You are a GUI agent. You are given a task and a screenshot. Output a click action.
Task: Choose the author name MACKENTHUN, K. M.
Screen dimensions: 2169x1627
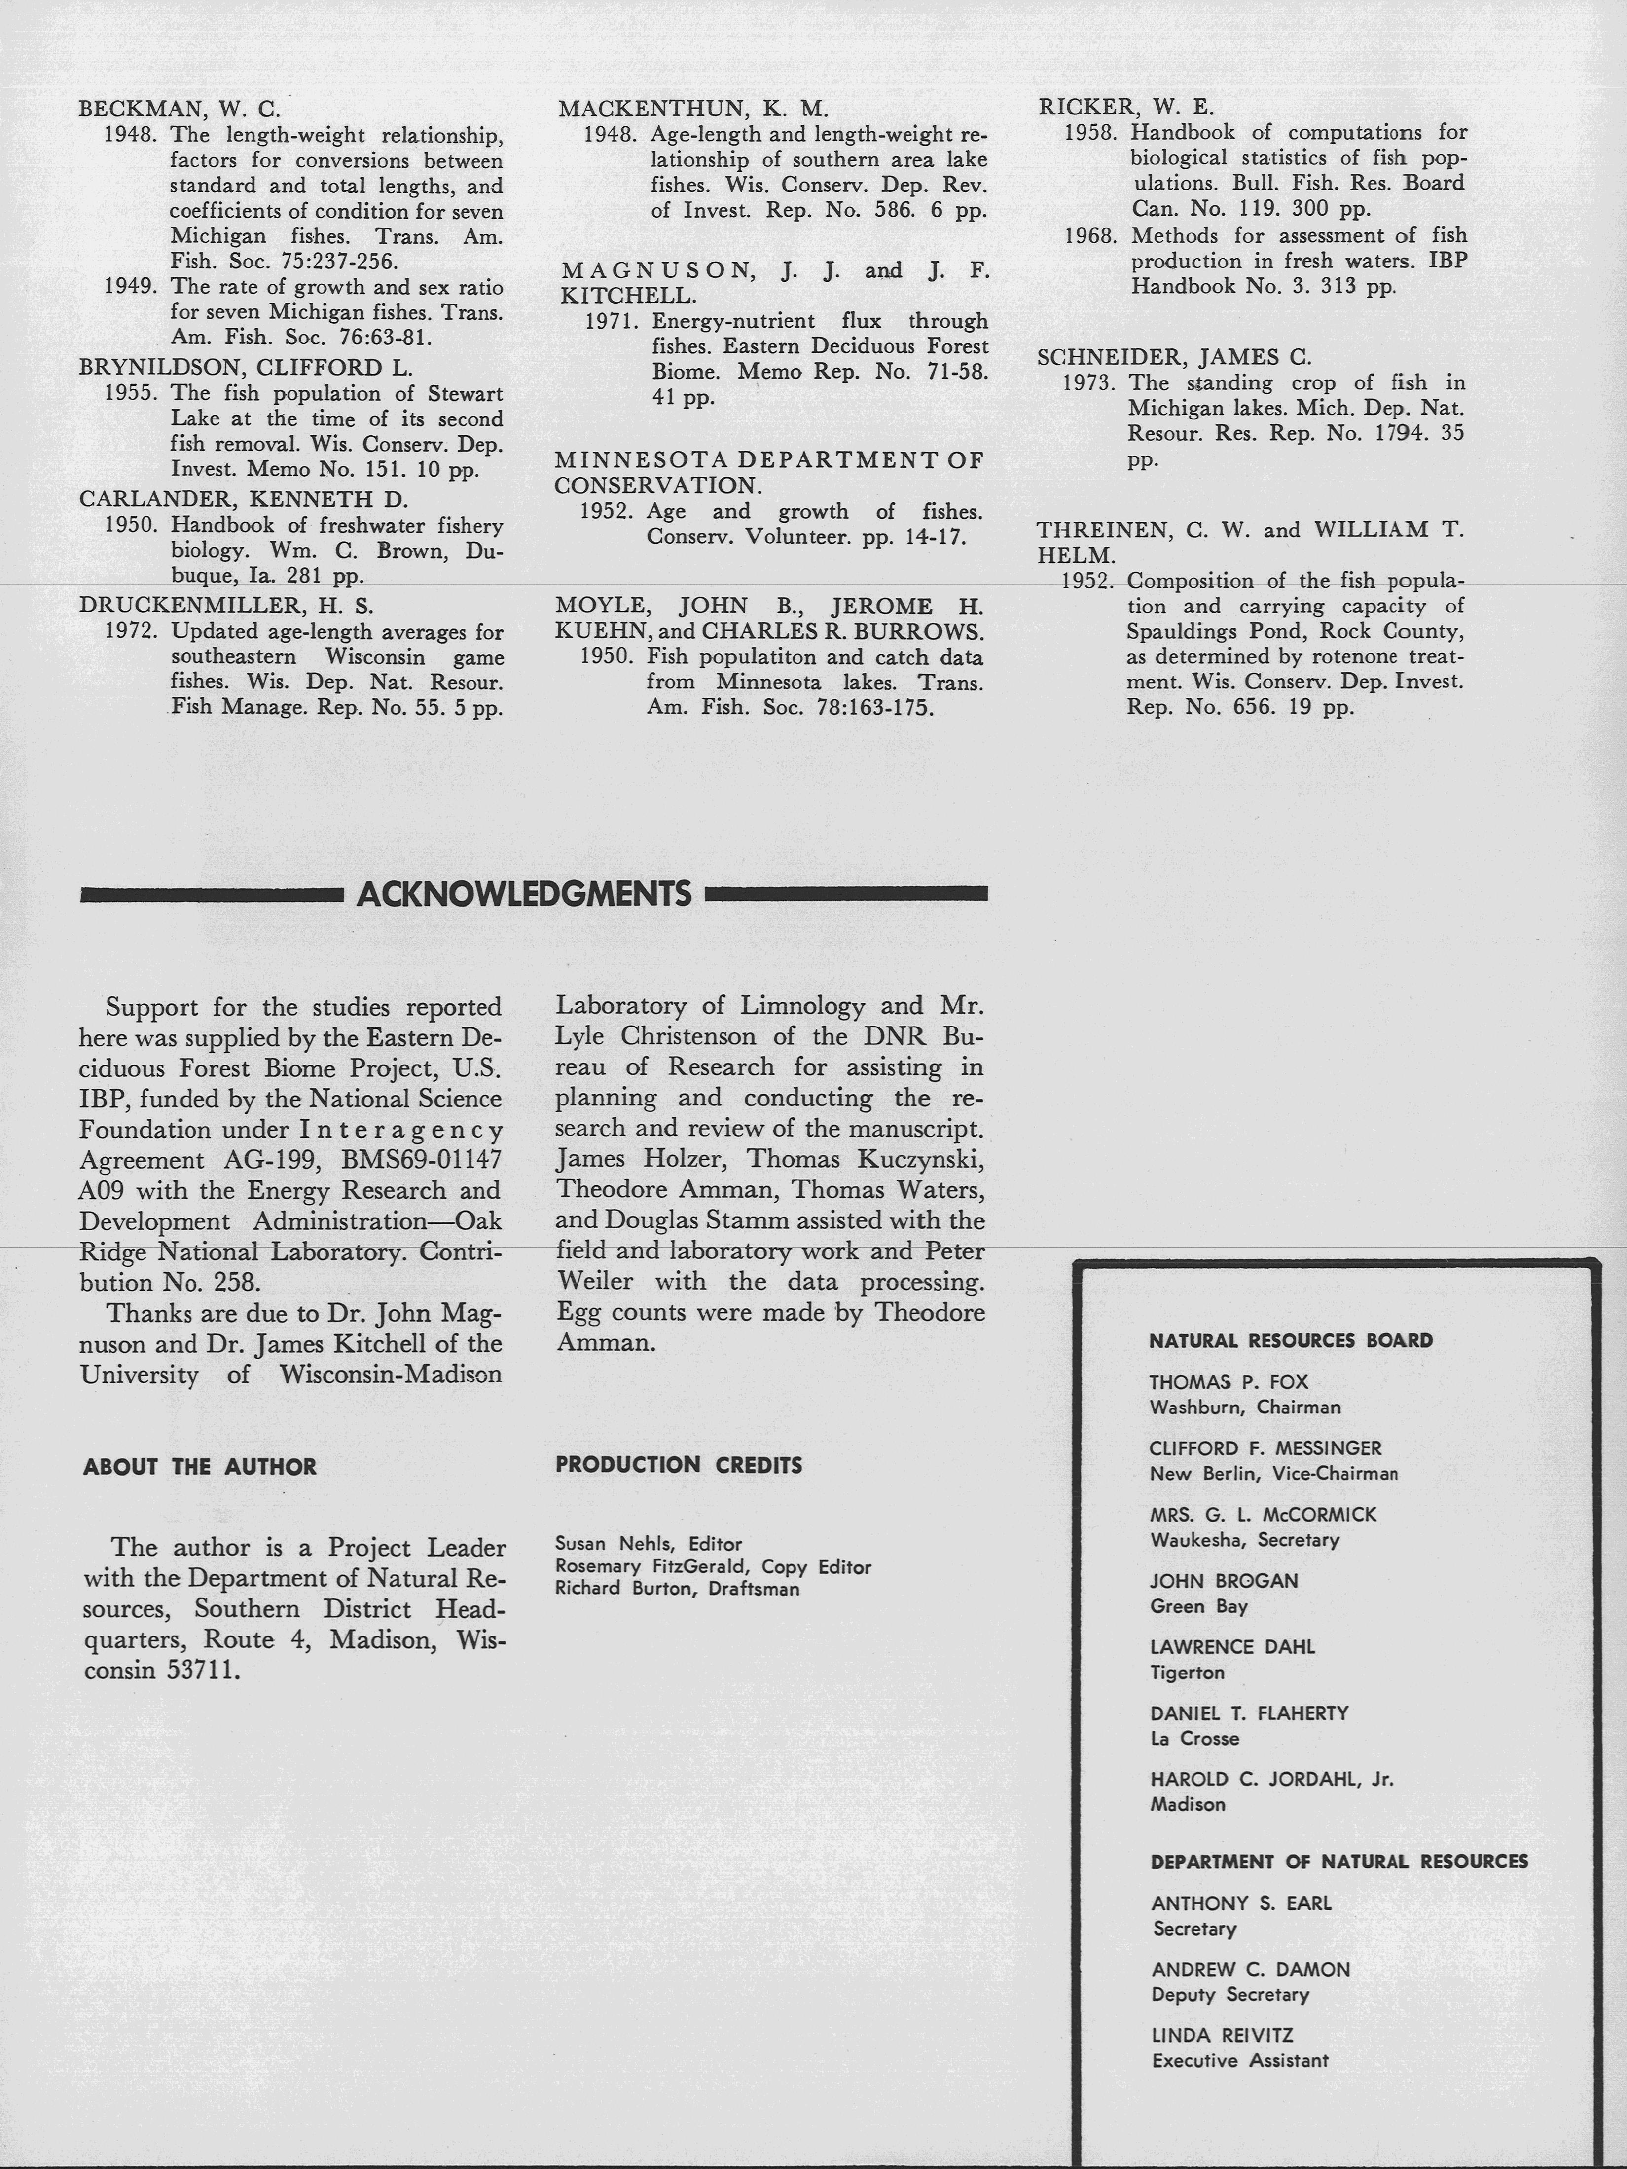click(693, 109)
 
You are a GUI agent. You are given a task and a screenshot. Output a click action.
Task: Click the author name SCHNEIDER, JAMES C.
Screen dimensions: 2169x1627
click(1174, 357)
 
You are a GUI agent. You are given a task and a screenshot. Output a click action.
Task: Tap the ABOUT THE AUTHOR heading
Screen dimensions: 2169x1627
click(200, 1467)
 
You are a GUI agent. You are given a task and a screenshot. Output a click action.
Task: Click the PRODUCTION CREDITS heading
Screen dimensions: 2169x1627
click(678, 1465)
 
